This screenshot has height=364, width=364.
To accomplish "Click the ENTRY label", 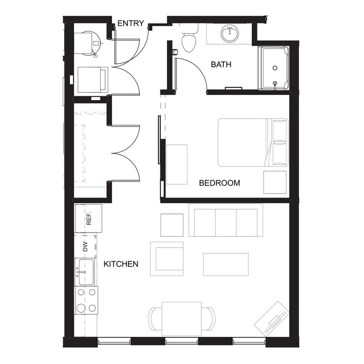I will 131,23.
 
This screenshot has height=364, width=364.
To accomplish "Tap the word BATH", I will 221,65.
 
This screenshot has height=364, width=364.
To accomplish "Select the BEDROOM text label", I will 219,183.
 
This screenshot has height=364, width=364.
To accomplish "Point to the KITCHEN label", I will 121,264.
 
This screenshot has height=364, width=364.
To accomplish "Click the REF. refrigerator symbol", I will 88,219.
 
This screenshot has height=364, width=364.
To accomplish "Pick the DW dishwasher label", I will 85,246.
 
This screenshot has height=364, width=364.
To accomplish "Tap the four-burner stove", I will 86,300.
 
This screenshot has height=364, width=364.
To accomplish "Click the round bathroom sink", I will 229,33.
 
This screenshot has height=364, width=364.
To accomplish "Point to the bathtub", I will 273,68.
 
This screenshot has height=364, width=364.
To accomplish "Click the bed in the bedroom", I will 252,142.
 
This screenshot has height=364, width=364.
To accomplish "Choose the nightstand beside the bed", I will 275,182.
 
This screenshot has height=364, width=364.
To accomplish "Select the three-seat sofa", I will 226,220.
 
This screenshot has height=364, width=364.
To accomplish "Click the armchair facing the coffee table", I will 167,259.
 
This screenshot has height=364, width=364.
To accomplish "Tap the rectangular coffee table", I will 226,264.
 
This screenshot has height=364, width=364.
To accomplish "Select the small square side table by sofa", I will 172,225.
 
